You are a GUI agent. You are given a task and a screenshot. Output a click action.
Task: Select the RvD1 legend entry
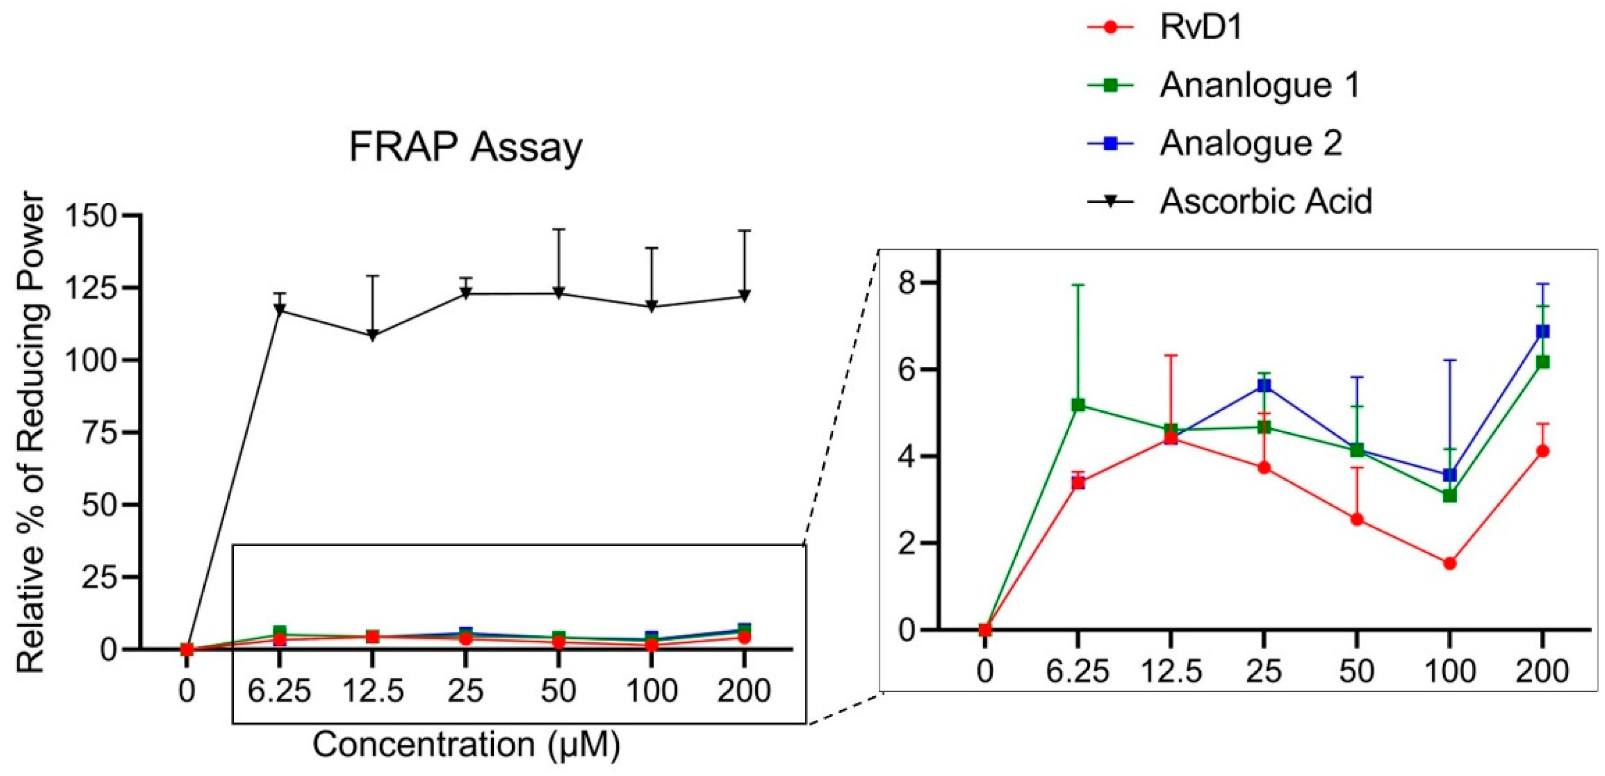(x=1200, y=28)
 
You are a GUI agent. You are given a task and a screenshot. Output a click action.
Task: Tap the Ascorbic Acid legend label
(x=1265, y=201)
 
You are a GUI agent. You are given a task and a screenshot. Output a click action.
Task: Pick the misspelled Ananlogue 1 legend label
(x=1259, y=85)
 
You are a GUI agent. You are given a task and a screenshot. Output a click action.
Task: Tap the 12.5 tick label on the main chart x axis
(x=373, y=691)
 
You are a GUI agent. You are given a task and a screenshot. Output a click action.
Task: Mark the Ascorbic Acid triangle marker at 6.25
(x=280, y=309)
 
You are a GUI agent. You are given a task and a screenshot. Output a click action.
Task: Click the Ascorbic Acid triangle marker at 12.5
(x=373, y=335)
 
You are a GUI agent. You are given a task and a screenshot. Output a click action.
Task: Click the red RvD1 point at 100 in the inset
(x=1450, y=563)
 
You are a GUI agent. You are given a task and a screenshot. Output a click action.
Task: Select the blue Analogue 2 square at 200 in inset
(x=1543, y=331)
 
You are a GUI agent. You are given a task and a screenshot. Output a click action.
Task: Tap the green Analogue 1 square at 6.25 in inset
(x=1078, y=405)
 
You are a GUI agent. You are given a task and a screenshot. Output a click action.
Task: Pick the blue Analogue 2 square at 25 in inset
(x=1264, y=385)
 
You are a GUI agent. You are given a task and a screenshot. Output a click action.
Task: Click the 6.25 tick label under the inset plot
(x=1078, y=671)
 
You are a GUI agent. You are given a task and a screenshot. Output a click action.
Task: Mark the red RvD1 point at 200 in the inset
(x=1543, y=451)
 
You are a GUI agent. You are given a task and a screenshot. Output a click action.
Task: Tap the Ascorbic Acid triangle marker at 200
(x=744, y=295)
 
